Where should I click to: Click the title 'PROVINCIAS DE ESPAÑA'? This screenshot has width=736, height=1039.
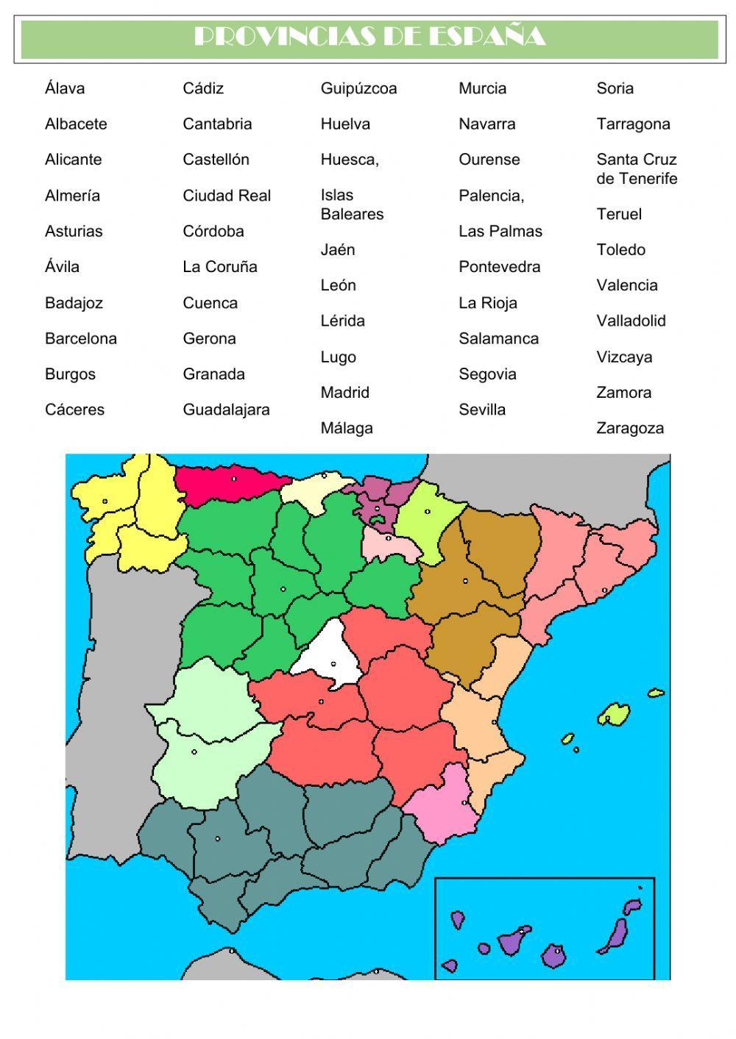point(369,37)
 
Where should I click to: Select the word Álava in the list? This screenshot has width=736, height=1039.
point(65,88)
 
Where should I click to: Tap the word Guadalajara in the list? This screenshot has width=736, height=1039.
point(226,410)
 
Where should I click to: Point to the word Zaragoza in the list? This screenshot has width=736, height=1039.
point(630,428)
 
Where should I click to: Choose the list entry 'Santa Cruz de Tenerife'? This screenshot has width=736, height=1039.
point(637,169)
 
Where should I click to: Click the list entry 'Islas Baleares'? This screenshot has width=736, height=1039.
point(352,204)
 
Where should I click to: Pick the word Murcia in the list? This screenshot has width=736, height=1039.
point(482,88)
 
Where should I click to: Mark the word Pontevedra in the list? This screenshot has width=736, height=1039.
point(499,267)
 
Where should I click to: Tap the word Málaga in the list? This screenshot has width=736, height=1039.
point(347,428)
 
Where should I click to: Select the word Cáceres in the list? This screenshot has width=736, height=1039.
point(74,410)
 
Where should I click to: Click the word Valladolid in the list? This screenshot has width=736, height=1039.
point(631,321)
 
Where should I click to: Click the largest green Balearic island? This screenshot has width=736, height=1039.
point(613,713)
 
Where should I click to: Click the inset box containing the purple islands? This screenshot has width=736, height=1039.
point(545,928)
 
